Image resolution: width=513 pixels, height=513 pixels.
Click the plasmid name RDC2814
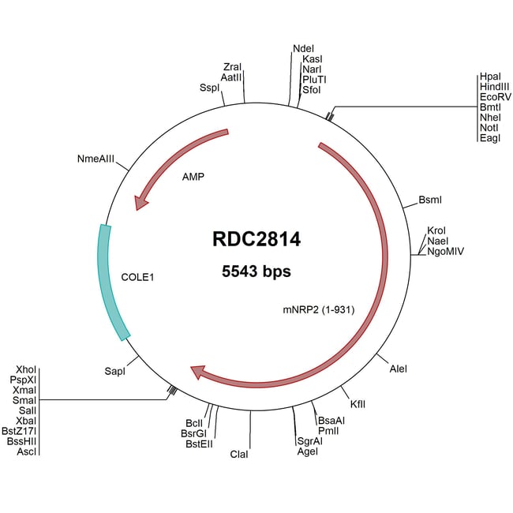pos(256,238)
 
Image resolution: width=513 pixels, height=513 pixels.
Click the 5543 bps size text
pos(256,272)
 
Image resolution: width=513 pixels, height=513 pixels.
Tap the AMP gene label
pos(193,177)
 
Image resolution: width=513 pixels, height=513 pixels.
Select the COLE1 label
pos(138,278)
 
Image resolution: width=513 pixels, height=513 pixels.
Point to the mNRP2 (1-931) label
pos(317,309)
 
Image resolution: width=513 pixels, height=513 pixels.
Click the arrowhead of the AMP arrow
pos(140,203)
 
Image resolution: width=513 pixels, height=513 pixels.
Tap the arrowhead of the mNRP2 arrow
pos(198,371)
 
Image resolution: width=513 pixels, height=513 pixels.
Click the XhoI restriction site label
pos(26,369)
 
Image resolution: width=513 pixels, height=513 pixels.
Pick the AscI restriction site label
pos(27,451)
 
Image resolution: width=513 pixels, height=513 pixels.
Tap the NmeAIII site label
pos(96,159)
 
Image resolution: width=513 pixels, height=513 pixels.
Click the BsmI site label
pos(431,200)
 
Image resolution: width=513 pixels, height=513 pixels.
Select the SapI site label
pos(115,369)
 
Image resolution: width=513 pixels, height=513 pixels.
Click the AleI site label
pos(399,369)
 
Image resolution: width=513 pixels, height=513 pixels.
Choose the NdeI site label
pos(303,48)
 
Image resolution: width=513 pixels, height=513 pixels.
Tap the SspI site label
pos(209,88)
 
